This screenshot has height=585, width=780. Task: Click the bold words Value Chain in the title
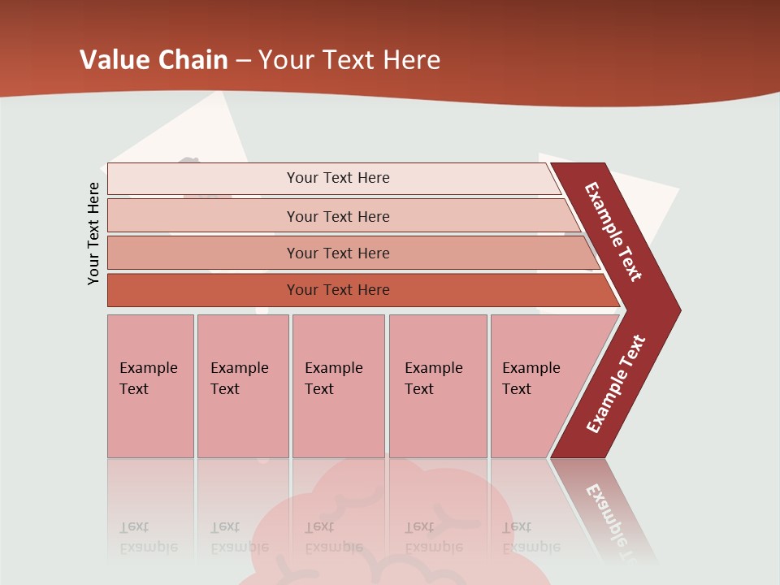tap(154, 60)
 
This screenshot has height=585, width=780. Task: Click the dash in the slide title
tap(243, 61)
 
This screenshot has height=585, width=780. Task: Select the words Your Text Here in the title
tap(349, 60)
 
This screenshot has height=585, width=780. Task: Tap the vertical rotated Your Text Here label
tap(93, 233)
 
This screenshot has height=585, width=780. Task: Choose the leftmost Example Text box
tap(150, 386)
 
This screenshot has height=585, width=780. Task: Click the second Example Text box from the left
tap(242, 386)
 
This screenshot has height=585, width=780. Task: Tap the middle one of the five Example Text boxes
tap(338, 386)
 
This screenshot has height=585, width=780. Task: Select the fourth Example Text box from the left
tap(437, 386)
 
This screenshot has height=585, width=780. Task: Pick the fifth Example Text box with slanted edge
tap(536, 386)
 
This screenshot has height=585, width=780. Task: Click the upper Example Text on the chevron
tap(613, 232)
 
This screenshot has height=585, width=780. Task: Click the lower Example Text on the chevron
tap(616, 384)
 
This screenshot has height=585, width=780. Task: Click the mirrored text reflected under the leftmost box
tap(148, 537)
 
